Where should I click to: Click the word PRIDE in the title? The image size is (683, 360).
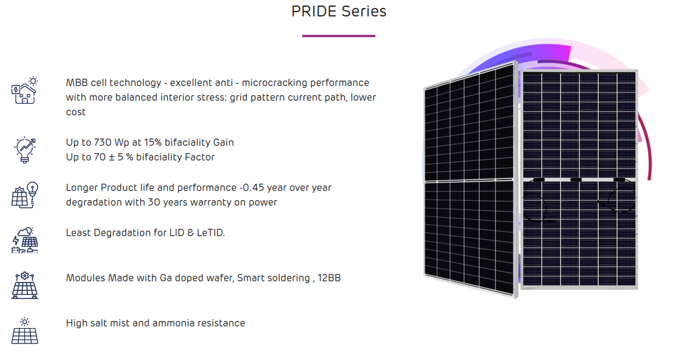314,12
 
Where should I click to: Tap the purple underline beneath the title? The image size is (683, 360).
339,36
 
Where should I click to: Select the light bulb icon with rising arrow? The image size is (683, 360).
25,149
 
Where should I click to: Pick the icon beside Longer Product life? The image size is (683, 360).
25,195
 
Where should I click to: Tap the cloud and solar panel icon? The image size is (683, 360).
25,240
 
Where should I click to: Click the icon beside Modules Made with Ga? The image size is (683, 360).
25,285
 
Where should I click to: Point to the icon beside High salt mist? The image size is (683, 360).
25,330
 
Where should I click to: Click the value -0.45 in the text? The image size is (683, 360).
251,187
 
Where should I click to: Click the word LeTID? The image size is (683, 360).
211,233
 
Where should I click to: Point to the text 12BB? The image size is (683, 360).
329,278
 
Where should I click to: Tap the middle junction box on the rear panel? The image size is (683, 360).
576,179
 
